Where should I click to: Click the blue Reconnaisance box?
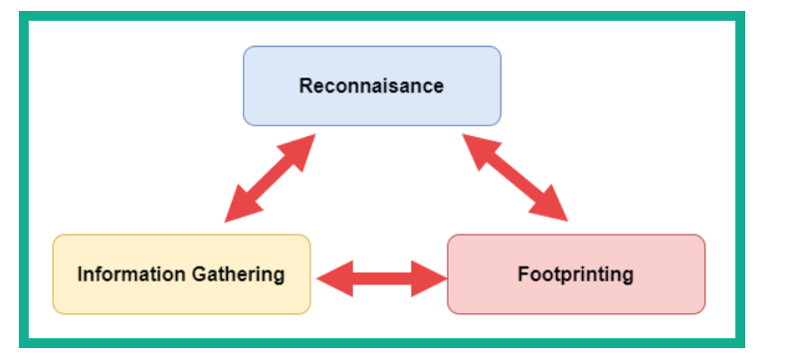tap(372, 86)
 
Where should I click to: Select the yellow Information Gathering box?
tap(181, 274)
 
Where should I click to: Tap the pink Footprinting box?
tap(576, 274)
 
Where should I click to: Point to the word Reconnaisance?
tap(371, 86)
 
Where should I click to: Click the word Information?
tap(131, 274)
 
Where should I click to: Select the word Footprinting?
tap(575, 275)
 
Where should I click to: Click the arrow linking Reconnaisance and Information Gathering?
tap(271, 178)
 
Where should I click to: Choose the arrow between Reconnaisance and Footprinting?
tap(514, 177)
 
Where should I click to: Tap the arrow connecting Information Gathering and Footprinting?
tap(382, 278)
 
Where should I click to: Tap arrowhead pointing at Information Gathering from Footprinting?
tap(334, 278)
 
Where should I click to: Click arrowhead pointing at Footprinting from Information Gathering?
tap(429, 278)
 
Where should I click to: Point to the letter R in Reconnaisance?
tap(305, 86)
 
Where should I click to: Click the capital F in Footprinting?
tap(523, 274)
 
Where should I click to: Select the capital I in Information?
tap(80, 274)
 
